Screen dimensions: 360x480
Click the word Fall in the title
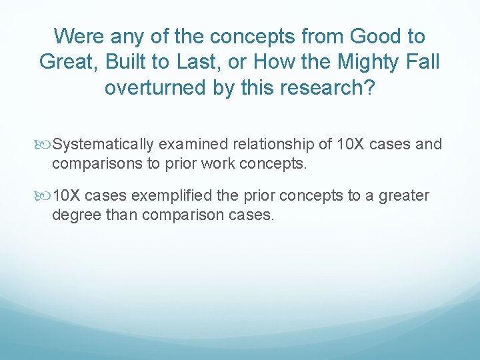click(424, 62)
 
